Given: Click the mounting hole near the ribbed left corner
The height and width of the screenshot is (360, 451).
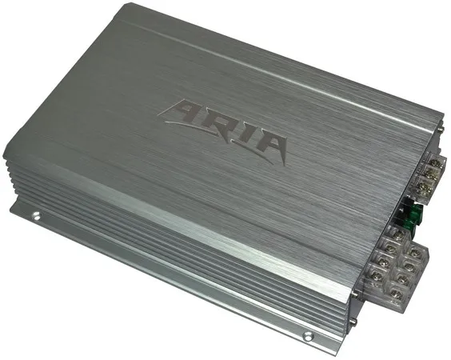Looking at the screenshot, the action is [36, 215].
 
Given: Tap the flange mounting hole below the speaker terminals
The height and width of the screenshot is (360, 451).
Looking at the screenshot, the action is [308, 335].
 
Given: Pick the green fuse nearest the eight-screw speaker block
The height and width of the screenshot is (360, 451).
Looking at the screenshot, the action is [408, 224].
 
